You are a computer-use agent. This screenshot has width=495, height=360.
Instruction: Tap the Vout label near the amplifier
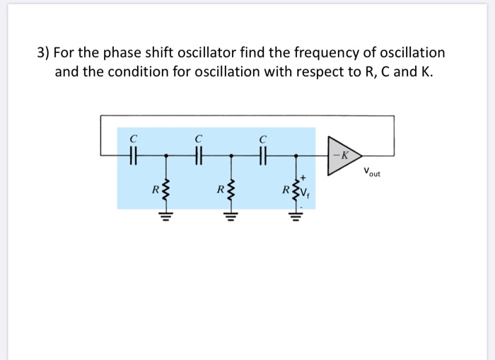[372, 172]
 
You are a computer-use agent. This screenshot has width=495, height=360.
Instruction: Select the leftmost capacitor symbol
[133, 154]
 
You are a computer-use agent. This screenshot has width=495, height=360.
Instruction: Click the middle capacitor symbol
[198, 154]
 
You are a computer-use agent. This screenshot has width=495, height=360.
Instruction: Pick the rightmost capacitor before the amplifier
[262, 154]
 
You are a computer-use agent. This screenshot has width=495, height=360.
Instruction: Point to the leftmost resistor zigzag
[166, 190]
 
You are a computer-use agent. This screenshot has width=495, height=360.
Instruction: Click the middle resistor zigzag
[230, 190]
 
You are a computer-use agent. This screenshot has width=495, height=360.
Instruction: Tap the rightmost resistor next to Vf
[296, 189]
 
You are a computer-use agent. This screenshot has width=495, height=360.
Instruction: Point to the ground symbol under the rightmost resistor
[296, 216]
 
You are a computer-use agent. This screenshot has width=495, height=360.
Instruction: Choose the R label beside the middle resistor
[221, 190]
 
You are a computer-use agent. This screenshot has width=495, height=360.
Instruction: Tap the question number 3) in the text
[44, 53]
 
